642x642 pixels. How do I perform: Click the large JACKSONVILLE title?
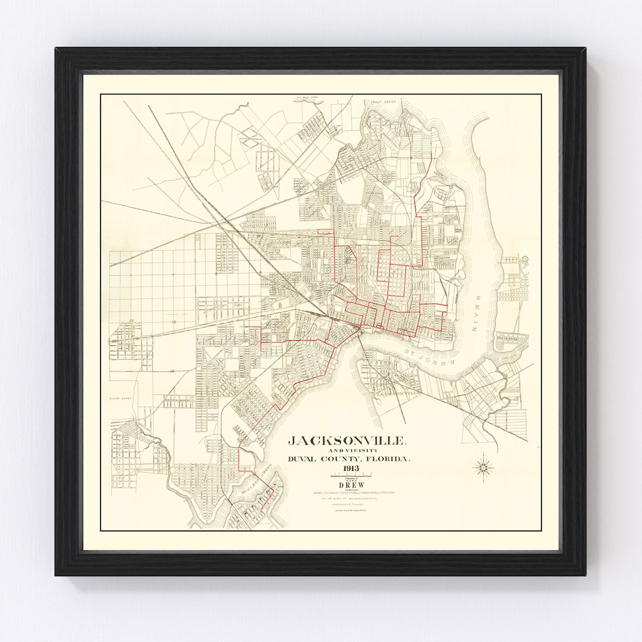point(348,441)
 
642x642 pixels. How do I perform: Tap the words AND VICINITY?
point(348,451)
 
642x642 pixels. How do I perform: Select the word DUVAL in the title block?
point(306,460)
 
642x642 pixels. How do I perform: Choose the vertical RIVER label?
point(476,303)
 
